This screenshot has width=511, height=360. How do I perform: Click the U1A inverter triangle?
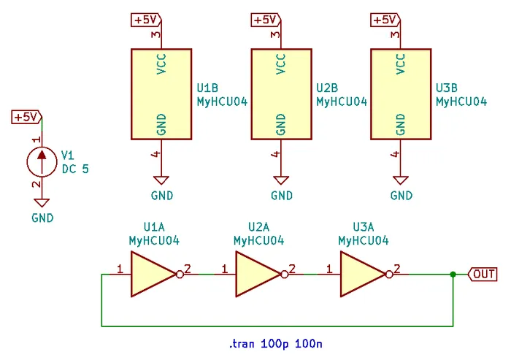[x=151, y=275]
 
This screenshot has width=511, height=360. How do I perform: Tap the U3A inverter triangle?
[x=361, y=275]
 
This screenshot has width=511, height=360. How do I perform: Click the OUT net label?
[x=483, y=275]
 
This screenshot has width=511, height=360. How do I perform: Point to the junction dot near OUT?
[x=453, y=275]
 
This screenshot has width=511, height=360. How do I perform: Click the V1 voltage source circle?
[x=42, y=161]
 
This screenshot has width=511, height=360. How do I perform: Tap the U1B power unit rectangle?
[x=161, y=93]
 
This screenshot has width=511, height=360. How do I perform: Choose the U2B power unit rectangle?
[x=281, y=93]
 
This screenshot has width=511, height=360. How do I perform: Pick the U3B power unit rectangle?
[x=401, y=93]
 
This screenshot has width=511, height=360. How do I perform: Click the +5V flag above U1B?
[x=145, y=20]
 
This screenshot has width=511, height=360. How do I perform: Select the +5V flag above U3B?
[x=385, y=20]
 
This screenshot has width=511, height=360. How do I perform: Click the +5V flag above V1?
[x=26, y=117]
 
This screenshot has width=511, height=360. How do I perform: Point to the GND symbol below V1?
[x=42, y=204]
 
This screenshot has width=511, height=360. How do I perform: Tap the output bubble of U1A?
[x=180, y=275]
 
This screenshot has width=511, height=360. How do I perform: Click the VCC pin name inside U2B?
[x=281, y=65]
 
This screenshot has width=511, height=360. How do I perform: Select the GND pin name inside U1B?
[x=161, y=124]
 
